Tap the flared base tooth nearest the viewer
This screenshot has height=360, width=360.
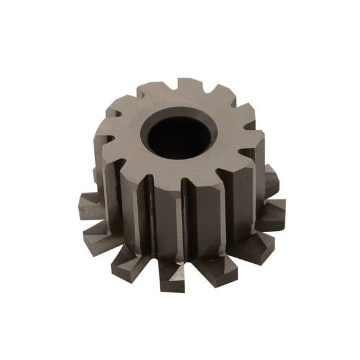point(172,274)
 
